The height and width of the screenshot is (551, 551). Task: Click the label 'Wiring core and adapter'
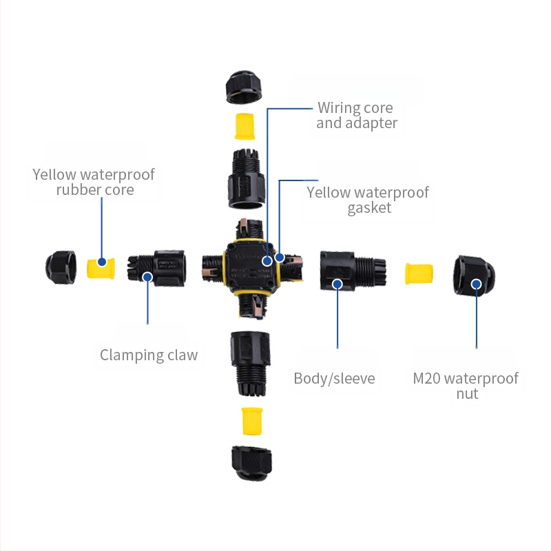coord(355,116)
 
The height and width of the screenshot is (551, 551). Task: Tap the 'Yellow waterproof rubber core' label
coord(94,181)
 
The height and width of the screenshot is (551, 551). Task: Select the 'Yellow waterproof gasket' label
coord(368,200)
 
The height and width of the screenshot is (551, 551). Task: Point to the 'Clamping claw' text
coord(149,355)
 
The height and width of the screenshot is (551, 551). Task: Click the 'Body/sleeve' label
coord(334,378)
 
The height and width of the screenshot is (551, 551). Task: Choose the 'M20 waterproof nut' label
coord(466,386)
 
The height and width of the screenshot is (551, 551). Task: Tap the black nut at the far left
coord(61,265)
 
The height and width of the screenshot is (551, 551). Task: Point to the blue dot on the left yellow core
coord(102,262)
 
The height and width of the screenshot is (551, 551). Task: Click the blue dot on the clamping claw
coord(147,277)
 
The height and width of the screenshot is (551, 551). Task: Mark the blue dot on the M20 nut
coord(476,283)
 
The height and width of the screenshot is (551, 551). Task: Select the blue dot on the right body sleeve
coord(337,283)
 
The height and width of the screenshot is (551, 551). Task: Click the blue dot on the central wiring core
coord(267,262)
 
